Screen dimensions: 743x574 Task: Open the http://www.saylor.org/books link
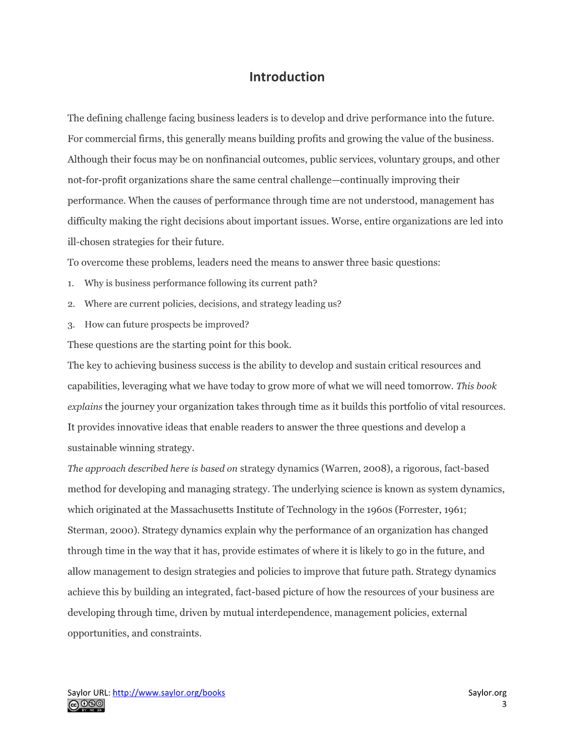coord(169,693)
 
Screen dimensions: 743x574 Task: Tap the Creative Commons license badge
coord(86,705)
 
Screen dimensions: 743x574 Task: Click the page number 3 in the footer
coord(504,704)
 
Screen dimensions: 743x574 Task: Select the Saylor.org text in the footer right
coord(487,693)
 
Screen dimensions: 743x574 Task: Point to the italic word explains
coord(85,407)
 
